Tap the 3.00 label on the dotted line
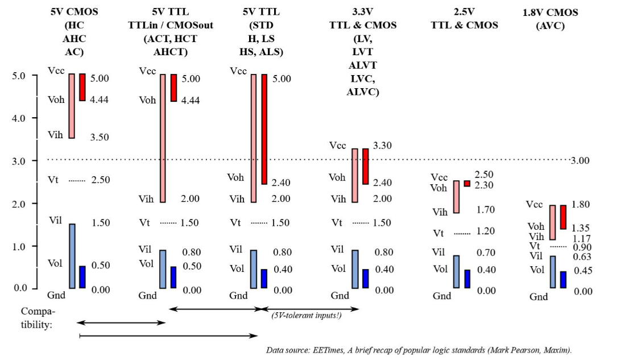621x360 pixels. click(x=580, y=160)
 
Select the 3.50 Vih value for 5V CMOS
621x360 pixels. click(x=100, y=137)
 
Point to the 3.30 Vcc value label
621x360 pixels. click(x=382, y=146)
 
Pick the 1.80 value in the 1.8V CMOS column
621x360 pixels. click(x=581, y=205)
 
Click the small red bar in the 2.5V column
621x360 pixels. click(x=467, y=184)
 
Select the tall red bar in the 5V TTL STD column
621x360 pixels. click(x=264, y=129)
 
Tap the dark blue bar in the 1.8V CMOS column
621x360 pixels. click(x=563, y=280)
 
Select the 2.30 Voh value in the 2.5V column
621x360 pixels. click(x=484, y=185)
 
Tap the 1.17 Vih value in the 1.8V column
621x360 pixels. click(x=582, y=238)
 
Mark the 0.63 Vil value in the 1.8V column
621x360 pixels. click(x=582, y=257)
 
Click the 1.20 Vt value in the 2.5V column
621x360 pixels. click(x=486, y=231)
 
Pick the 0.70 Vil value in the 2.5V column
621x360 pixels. click(x=486, y=253)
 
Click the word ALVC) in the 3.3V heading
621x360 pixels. click(x=363, y=92)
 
